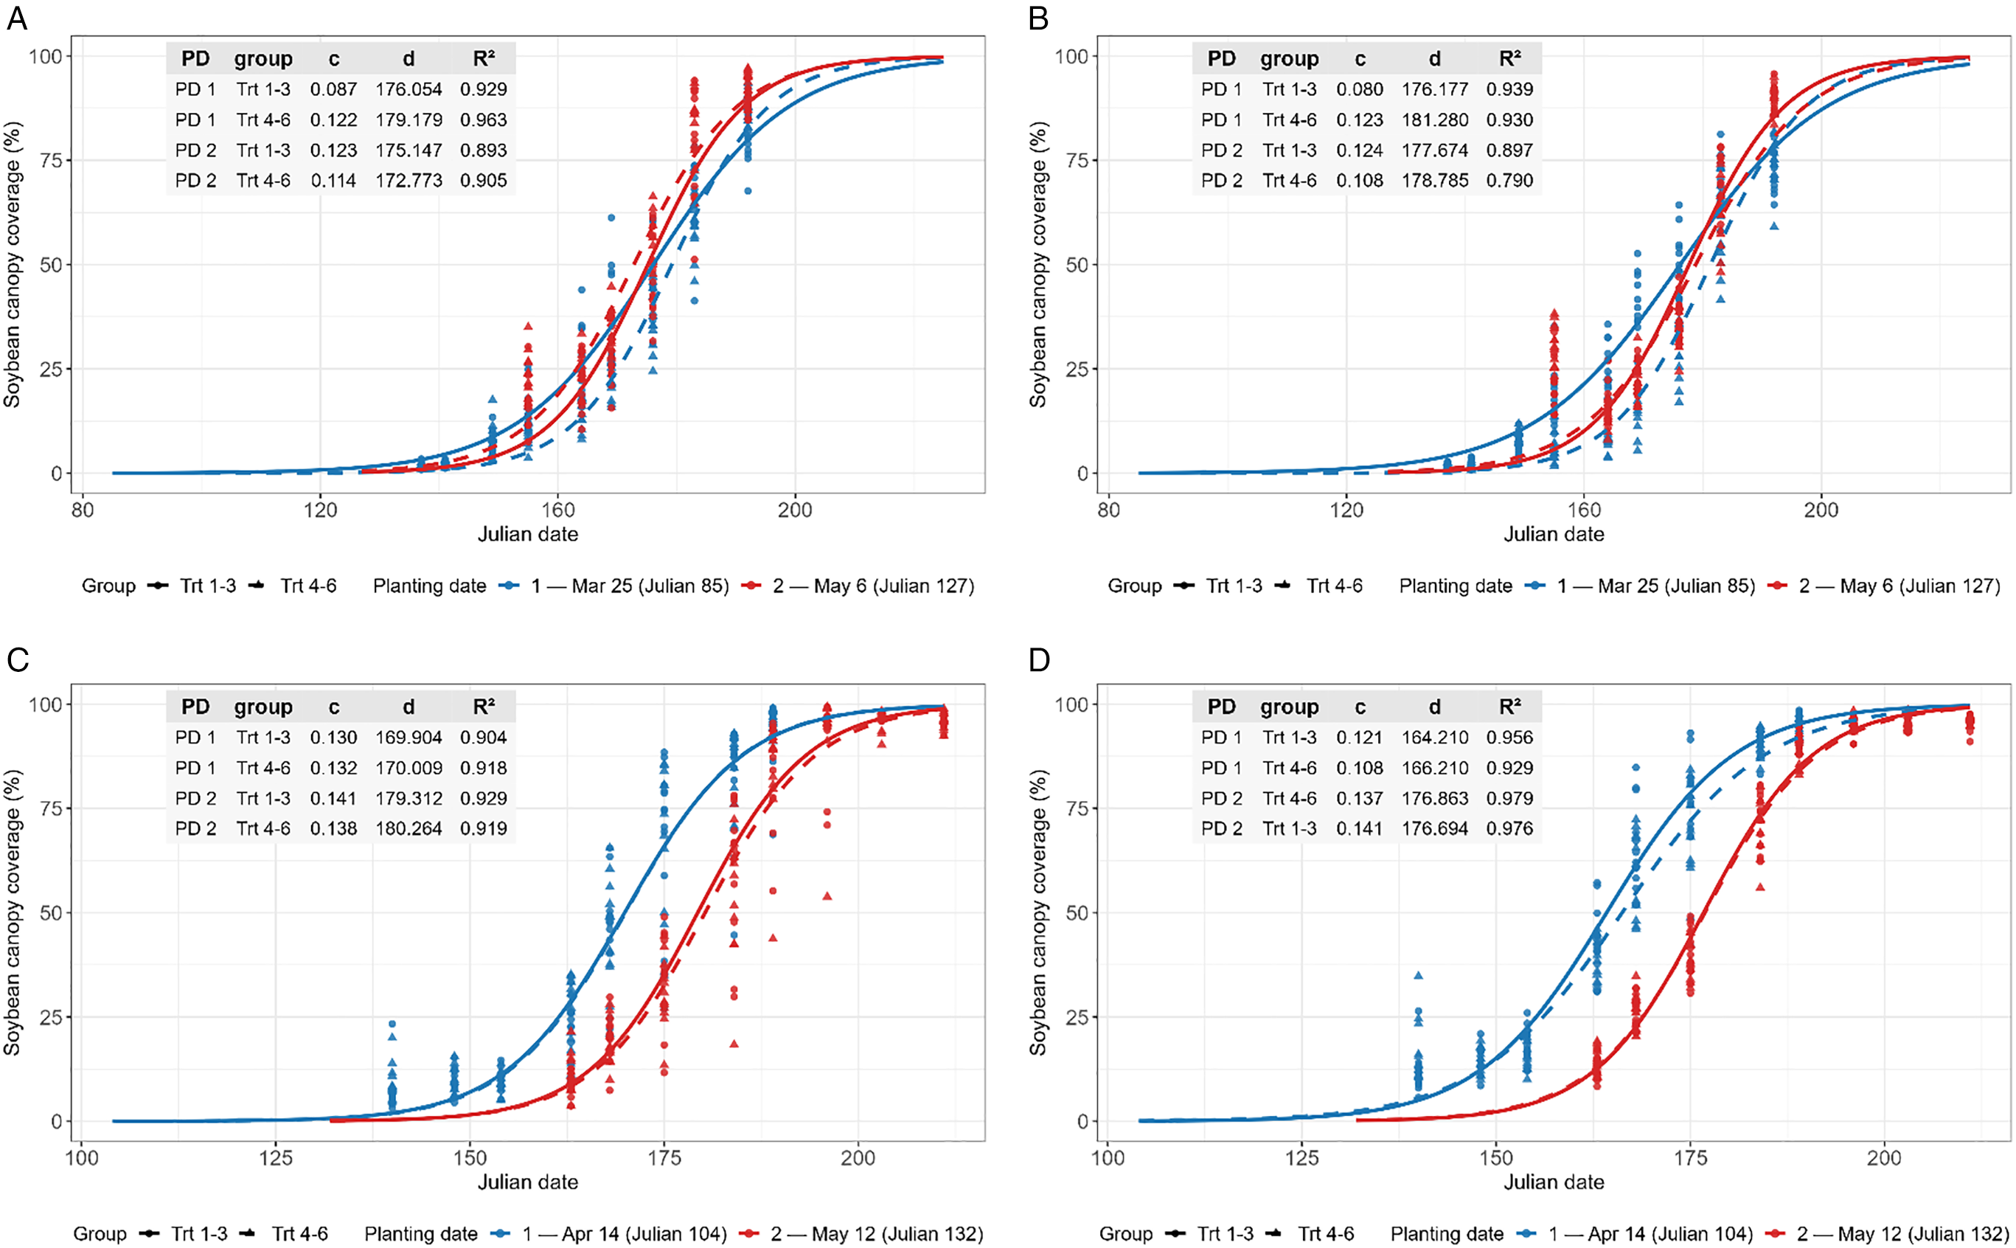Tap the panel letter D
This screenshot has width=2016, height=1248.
coord(1039,659)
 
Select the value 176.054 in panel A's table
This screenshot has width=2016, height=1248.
coord(409,89)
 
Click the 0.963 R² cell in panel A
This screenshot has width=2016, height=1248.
coord(484,119)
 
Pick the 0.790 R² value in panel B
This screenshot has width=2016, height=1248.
coord(1509,180)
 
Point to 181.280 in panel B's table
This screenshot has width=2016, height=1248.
coord(1435,119)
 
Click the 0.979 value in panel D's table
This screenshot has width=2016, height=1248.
coord(1509,798)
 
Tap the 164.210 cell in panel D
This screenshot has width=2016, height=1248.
coord(1435,737)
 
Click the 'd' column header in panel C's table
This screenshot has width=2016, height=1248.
coord(409,707)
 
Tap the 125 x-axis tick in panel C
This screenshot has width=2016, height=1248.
coord(276,1158)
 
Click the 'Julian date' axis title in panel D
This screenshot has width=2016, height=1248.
coord(1554,1182)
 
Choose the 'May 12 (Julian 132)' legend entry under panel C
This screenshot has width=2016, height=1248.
coord(897,1234)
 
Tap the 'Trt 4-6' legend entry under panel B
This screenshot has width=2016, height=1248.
coord(1335,586)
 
